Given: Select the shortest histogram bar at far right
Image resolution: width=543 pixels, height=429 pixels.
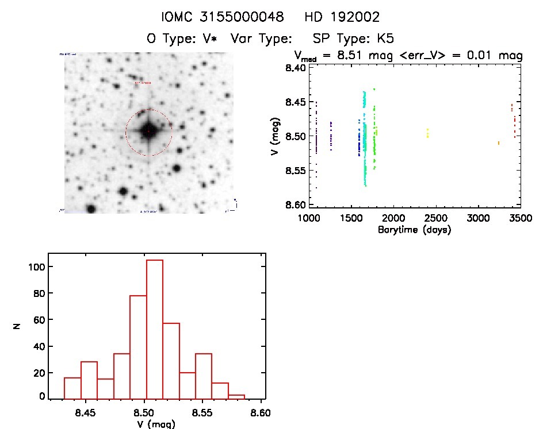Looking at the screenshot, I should [x=236, y=397].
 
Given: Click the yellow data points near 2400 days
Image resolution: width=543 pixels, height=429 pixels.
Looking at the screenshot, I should [x=427, y=133].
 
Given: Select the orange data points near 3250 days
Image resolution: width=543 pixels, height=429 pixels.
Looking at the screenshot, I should [x=499, y=142].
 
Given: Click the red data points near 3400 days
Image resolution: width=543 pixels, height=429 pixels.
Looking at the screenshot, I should [x=513, y=119].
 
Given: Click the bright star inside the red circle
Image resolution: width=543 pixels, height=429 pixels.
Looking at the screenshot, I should [x=148, y=132].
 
